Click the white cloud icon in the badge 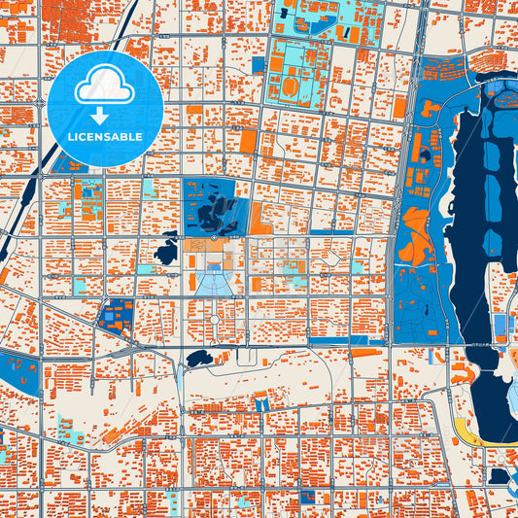[104, 85]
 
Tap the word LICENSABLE [104, 137]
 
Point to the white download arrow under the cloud [104, 114]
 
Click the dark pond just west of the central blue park [166, 254]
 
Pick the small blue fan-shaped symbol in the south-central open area [261, 402]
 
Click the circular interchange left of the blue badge [44, 93]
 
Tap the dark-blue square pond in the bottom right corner [500, 476]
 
